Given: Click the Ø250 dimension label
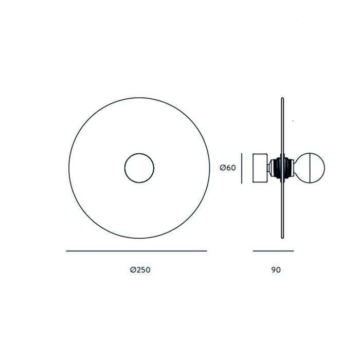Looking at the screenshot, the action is point(140,269).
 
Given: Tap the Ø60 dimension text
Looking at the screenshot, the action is point(228,168).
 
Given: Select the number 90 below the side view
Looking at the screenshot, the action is point(276,270).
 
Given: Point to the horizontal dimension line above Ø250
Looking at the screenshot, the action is point(136,251).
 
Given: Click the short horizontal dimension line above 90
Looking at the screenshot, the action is point(273,251).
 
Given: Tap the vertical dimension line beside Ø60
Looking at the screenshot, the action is point(242,168).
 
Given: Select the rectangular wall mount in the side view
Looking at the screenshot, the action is point(260,168).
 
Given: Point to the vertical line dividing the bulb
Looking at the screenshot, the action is point(310,168).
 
